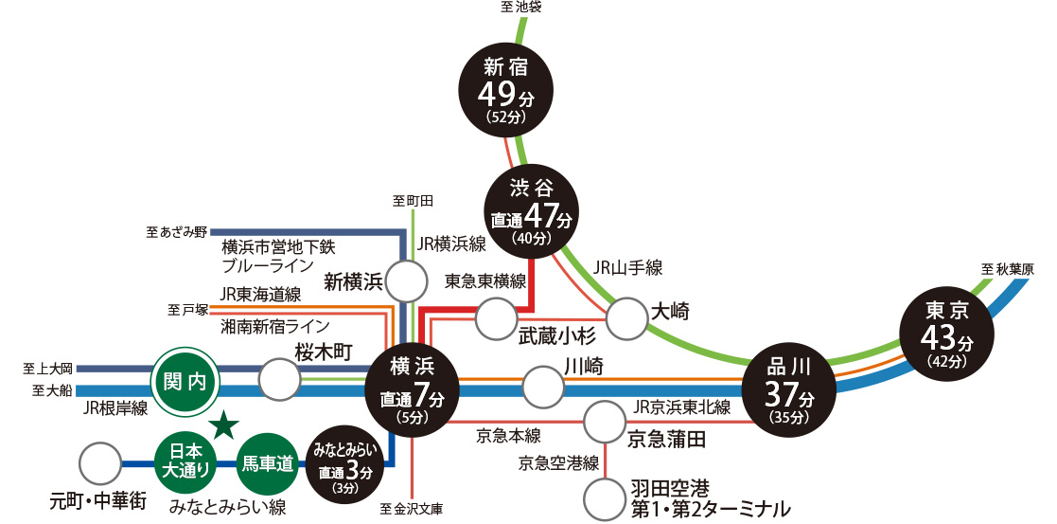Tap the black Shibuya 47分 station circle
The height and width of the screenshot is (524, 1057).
tap(531, 211)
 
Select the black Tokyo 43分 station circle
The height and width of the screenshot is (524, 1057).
tap(947, 334)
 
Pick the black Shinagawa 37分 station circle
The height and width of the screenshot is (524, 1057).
tap(787, 387)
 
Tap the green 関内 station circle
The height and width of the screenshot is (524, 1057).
tap(185, 382)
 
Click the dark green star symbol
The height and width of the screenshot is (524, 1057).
tap(224, 425)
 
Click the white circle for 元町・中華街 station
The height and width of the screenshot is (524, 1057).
tap(99, 464)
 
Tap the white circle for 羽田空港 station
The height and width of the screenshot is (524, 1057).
tap(605, 497)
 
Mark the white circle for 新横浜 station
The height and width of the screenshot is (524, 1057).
tap(407, 282)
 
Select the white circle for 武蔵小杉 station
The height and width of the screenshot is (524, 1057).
tap(497, 319)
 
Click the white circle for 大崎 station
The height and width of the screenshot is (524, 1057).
tap(626, 318)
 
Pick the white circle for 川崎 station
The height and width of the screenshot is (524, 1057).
tap(543, 388)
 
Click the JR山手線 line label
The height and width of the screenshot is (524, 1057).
tap(627, 268)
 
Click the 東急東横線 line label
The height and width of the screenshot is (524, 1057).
tap(484, 280)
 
